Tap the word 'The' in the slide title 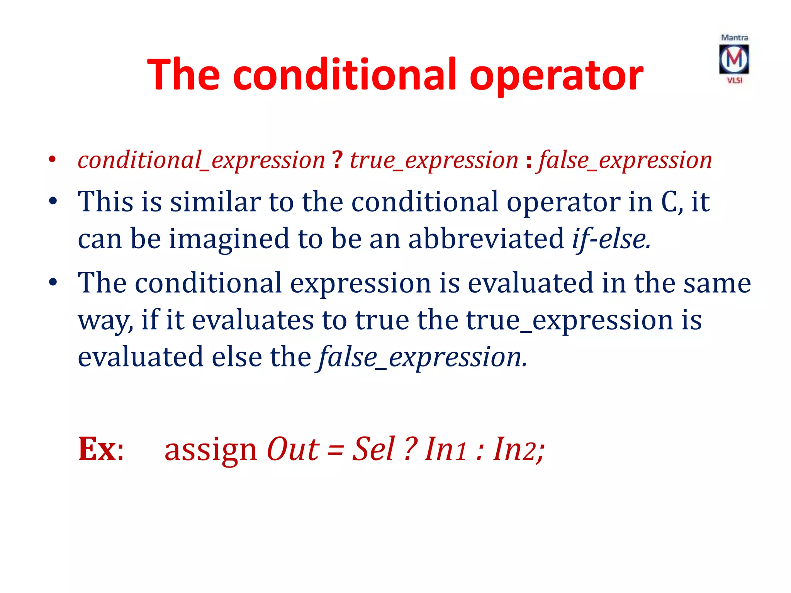point(183,75)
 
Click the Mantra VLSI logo point(734,59)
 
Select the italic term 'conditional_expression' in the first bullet point(201,160)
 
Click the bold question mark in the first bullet point(337,159)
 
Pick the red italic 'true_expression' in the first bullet point(433,160)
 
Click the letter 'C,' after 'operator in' point(672,202)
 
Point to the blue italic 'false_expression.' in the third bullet point(422,357)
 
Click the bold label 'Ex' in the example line point(97,449)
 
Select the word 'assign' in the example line point(210,450)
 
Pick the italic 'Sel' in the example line point(373,449)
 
